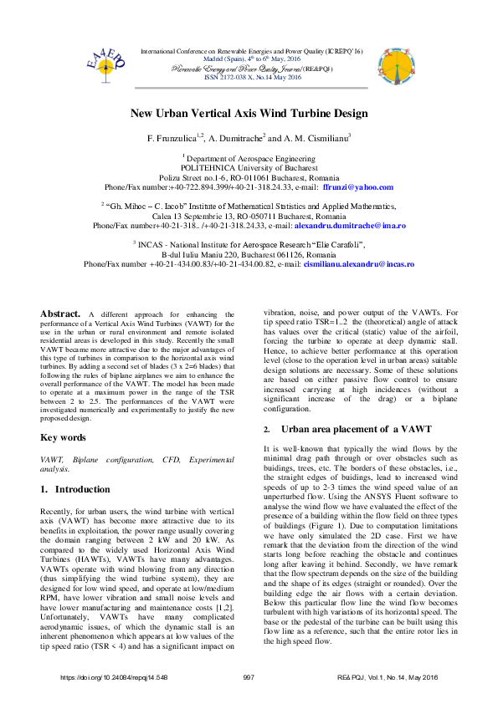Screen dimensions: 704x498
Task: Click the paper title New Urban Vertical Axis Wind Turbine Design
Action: coord(249,113)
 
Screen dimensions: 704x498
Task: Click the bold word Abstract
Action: coord(61,314)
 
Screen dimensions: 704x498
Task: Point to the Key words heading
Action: coord(64,437)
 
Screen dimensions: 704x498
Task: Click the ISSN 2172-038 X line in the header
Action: coord(249,77)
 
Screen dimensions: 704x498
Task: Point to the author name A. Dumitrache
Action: coord(236,137)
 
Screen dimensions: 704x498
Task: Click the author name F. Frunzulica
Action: coord(175,137)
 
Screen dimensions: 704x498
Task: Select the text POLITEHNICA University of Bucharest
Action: coord(249,167)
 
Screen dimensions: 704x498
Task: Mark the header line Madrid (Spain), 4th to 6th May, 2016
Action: coord(249,59)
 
